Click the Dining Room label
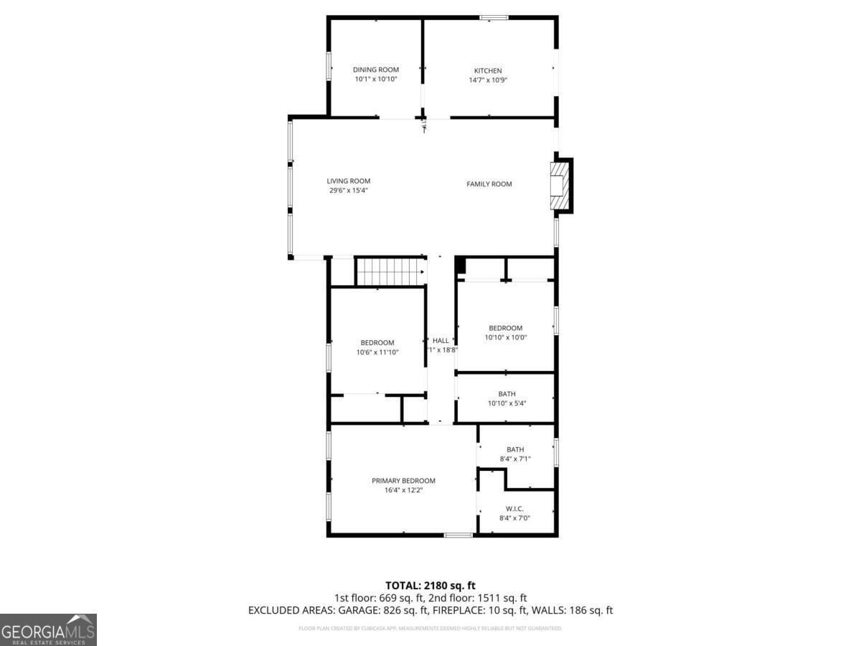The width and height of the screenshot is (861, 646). tap(375, 70)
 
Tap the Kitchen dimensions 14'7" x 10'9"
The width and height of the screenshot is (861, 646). tap(488, 80)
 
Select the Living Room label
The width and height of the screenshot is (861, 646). tap(349, 181)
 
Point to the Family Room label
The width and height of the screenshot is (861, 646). tap(489, 184)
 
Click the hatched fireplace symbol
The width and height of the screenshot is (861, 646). tap(559, 186)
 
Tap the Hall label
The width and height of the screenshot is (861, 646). tap(441, 340)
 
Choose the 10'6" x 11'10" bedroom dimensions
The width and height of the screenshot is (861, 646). tap(377, 352)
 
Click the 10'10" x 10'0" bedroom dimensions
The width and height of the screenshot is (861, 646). tap(506, 337)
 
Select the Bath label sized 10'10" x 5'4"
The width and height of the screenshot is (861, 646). tap(507, 394)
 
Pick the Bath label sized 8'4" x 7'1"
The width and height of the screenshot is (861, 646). tap(515, 450)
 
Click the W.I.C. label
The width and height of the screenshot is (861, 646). tap(515, 509)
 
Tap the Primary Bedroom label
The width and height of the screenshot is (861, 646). tap(403, 481)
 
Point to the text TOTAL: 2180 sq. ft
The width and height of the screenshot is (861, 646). tap(430, 586)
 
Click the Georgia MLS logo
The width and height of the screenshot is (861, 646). tap(48, 629)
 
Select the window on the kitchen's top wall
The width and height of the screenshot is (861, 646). tap(494, 17)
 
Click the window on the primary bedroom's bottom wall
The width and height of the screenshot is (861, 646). tap(458, 535)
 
